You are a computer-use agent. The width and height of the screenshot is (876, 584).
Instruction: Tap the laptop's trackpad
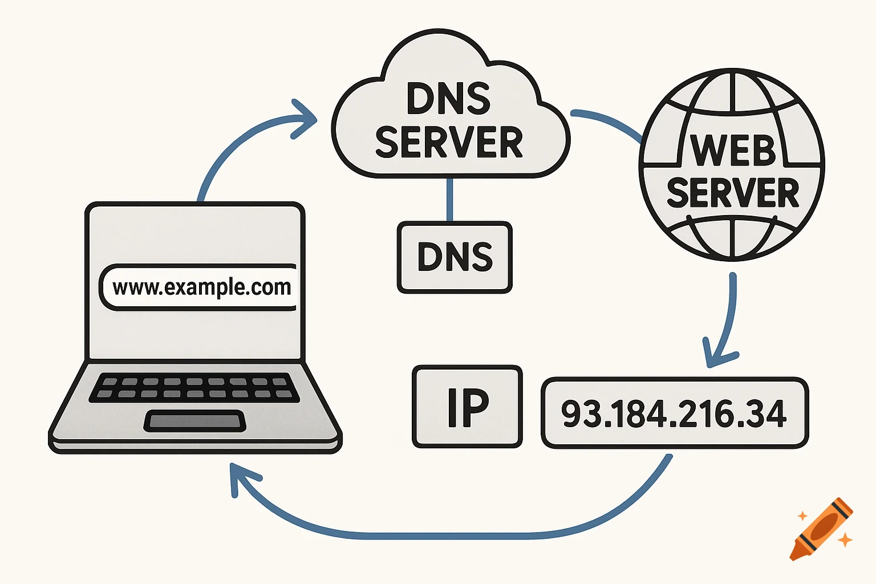tap(195, 421)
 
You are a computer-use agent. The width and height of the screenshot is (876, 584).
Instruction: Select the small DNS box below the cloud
tap(455, 257)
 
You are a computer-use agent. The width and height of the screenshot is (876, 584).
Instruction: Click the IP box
tap(467, 407)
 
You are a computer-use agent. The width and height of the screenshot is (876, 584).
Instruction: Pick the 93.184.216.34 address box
tap(674, 412)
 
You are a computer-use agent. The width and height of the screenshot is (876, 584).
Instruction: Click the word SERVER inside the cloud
tap(449, 143)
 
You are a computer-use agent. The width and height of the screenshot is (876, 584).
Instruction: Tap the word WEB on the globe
tap(733, 151)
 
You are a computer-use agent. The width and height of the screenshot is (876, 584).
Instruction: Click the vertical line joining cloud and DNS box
tap(450, 200)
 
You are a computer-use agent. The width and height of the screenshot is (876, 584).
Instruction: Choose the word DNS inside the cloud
tap(449, 99)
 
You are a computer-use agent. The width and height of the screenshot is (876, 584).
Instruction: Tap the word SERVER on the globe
tap(733, 193)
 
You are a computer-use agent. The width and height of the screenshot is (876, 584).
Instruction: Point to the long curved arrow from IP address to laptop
tap(456, 534)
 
